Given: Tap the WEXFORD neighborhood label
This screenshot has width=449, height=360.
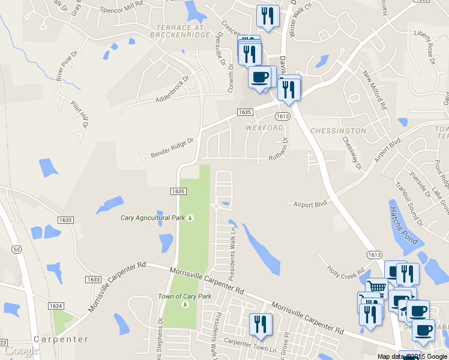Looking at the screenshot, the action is click(x=264, y=128).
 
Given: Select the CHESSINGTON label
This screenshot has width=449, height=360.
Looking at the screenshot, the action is click(x=339, y=130).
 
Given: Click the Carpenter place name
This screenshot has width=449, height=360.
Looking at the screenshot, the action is click(x=61, y=339).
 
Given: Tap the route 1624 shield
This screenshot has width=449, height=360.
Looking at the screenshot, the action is click(x=56, y=306).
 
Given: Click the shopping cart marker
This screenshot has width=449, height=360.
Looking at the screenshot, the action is click(x=376, y=287).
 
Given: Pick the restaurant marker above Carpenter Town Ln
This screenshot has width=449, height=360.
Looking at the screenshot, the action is click(x=261, y=325).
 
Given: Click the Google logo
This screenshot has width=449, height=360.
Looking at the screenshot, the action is click(x=21, y=350).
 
